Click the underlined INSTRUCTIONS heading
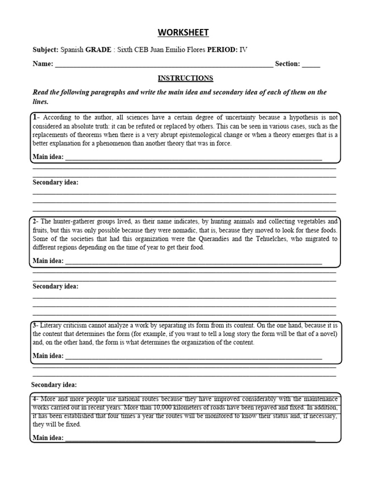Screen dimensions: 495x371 185,78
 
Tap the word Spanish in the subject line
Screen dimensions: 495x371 71,50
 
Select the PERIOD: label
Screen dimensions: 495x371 223,50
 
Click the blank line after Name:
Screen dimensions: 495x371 164,64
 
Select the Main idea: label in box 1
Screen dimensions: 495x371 48,157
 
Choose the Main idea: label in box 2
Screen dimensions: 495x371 48,261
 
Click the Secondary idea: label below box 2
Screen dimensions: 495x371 55,286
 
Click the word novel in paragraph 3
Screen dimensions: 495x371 327,334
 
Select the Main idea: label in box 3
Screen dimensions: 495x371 48,356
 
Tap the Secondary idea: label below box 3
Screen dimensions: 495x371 54,385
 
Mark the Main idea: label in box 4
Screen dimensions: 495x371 48,437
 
